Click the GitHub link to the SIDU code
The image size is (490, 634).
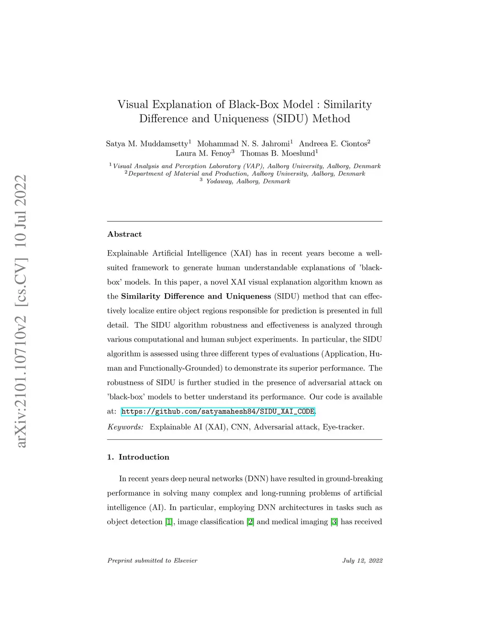click(218, 412)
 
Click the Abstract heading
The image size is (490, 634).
click(124, 234)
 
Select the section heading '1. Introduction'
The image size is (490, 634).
click(138, 457)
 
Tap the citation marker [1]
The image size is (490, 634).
click(168, 522)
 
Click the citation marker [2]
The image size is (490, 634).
click(250, 522)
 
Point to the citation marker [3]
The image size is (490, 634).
click(334, 522)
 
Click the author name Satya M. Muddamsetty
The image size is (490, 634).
click(147, 144)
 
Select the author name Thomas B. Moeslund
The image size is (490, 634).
click(278, 154)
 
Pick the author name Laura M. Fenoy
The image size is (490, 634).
click(203, 154)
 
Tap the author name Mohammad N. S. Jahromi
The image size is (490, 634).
click(243, 144)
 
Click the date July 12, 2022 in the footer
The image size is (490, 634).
click(362, 561)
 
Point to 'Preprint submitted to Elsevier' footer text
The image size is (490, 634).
click(152, 561)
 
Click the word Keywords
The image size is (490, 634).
click(125, 427)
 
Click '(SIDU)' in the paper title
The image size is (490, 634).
click(290, 119)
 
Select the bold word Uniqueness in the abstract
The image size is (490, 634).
click(248, 297)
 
